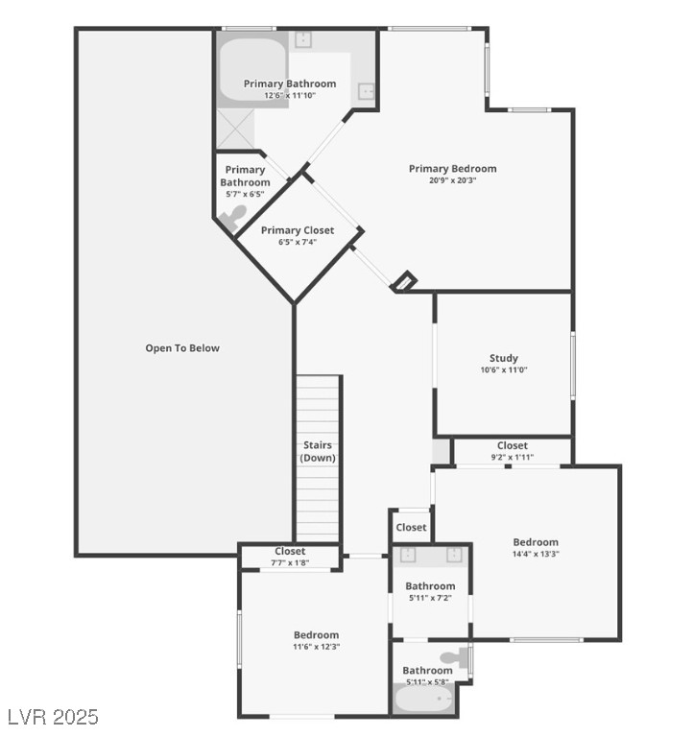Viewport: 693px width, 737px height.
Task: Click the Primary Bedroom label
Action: tap(452, 169)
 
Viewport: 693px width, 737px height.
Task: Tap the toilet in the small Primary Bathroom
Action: tap(231, 219)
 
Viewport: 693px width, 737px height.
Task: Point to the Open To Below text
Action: tap(182, 348)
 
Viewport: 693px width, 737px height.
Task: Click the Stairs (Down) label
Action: tap(318, 451)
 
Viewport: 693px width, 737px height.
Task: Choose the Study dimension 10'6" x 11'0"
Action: tap(503, 370)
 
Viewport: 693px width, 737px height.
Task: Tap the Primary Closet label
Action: tap(298, 230)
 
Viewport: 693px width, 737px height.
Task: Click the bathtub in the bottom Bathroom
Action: tap(423, 700)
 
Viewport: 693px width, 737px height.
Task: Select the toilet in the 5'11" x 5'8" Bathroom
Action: tap(464, 657)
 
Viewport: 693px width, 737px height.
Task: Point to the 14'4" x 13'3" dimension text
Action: tap(535, 554)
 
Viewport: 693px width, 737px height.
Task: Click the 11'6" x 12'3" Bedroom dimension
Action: tap(316, 647)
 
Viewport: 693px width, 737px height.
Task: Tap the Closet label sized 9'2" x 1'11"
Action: tap(512, 445)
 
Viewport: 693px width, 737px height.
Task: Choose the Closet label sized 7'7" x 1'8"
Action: tap(290, 552)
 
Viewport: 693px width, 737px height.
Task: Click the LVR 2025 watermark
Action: tap(53, 717)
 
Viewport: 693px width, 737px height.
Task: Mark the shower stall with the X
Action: tap(233, 131)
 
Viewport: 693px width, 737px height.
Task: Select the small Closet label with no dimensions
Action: tap(411, 528)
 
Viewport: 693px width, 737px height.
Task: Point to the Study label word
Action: tap(503, 359)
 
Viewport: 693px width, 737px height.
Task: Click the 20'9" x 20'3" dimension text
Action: tap(452, 180)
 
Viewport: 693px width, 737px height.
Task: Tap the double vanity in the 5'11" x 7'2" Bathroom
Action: tap(430, 556)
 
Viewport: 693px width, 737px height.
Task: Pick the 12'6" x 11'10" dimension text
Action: tap(290, 96)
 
